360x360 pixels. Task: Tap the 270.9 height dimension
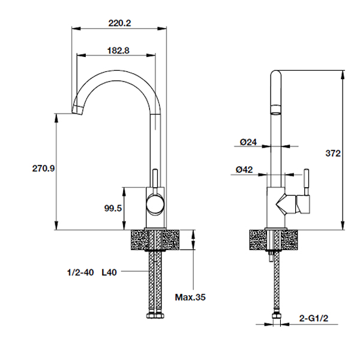point(43,169)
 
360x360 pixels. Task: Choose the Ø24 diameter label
point(248,142)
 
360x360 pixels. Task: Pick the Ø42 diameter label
point(248,170)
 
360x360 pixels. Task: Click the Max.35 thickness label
point(190,296)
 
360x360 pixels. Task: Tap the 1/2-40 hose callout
point(80,272)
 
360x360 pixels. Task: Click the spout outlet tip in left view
point(77,109)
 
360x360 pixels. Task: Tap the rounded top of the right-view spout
point(275,74)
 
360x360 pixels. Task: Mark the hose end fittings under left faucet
point(154,316)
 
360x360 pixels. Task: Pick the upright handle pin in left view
point(154,178)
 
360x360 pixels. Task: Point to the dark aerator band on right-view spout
point(275,110)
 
